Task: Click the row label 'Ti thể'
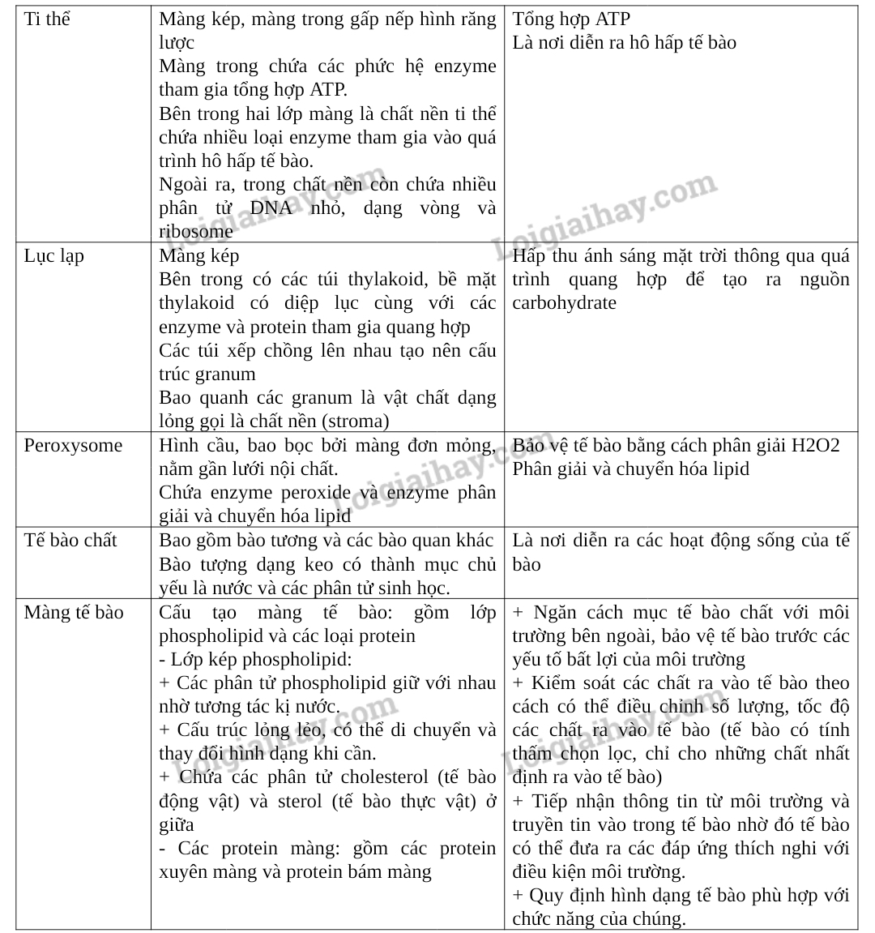(47, 19)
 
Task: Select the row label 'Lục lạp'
(53, 256)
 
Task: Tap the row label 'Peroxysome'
(73, 446)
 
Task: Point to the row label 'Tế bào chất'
(70, 541)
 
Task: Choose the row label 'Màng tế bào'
(74, 612)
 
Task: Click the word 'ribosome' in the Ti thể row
(195, 232)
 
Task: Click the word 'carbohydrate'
(564, 303)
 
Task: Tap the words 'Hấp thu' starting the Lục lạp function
(546, 256)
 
